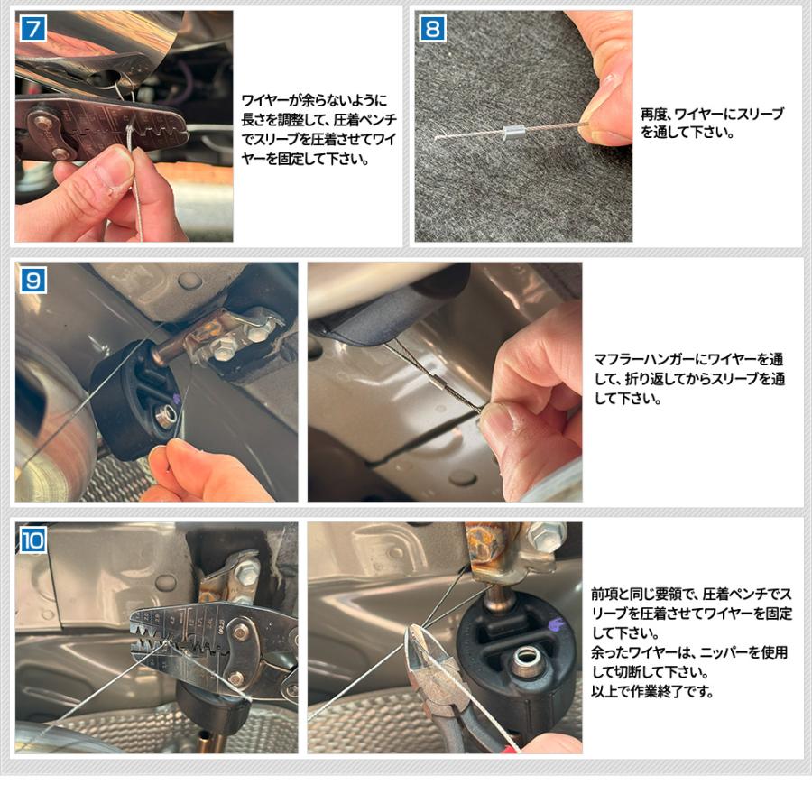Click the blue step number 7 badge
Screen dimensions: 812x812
tap(33, 29)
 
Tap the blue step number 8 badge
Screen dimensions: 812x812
tap(432, 29)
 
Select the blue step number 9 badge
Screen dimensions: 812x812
tap(33, 281)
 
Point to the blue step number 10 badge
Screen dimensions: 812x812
tap(33, 540)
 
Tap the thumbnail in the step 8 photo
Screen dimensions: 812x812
tap(606, 86)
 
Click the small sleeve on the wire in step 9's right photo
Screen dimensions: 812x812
tap(439, 383)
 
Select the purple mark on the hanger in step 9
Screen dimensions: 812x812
tap(176, 398)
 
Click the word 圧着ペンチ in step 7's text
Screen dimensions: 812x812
tap(365, 120)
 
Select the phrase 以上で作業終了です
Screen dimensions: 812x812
tap(652, 691)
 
